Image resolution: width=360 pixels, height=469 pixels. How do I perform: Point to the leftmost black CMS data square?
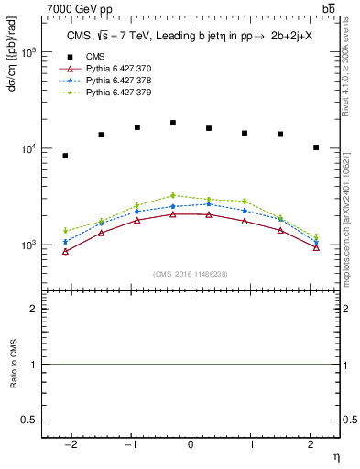(65, 156)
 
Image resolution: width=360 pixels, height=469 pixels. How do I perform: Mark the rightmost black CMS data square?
(316, 147)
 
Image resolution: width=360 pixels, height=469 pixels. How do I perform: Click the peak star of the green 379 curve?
(173, 195)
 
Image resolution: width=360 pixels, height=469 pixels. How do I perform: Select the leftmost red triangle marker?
(65, 251)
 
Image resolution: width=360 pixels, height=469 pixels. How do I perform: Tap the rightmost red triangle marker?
(316, 247)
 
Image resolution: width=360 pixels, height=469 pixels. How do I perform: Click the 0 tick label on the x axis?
(191, 445)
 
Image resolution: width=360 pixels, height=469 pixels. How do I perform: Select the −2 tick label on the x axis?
(70, 445)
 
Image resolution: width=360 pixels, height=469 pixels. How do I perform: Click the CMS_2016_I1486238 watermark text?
(190, 274)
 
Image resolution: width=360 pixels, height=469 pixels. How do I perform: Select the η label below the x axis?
(335, 456)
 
